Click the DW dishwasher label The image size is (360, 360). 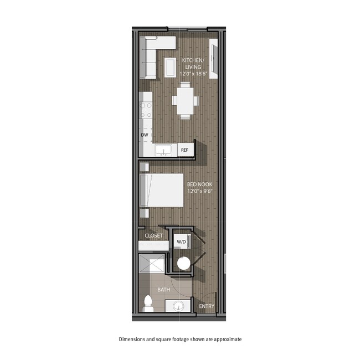[x=145, y=135]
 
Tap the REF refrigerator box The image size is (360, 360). [x=184, y=150]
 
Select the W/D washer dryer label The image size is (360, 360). [x=181, y=242]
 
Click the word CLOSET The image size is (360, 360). [x=153, y=235]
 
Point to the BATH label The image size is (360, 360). [x=163, y=289]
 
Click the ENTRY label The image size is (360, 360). [x=207, y=306]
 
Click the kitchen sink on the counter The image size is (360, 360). [x=163, y=150]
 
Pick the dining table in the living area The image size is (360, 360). [x=185, y=100]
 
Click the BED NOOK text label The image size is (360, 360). [x=199, y=184]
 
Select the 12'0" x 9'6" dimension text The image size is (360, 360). [x=199, y=192]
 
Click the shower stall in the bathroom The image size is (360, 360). [x=152, y=264]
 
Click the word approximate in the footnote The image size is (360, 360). [x=225, y=339]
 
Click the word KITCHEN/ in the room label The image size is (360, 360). [x=193, y=60]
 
